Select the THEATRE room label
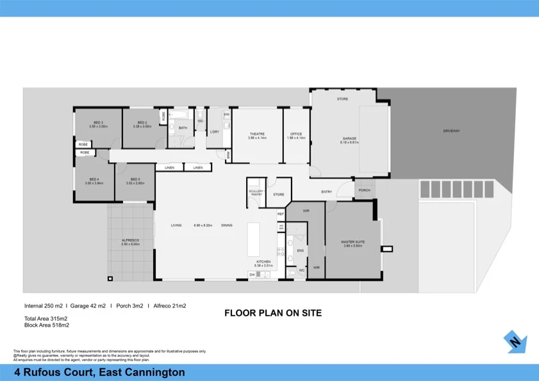257,134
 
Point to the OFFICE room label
297,134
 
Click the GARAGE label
349,139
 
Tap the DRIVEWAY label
451,131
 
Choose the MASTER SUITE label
352,242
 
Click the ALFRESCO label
130,240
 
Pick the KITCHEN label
263,261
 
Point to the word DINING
227,225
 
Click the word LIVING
176,225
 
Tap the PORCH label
364,190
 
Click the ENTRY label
327,191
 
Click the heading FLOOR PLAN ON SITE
272,313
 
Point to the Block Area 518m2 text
46,325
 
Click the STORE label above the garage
342,99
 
